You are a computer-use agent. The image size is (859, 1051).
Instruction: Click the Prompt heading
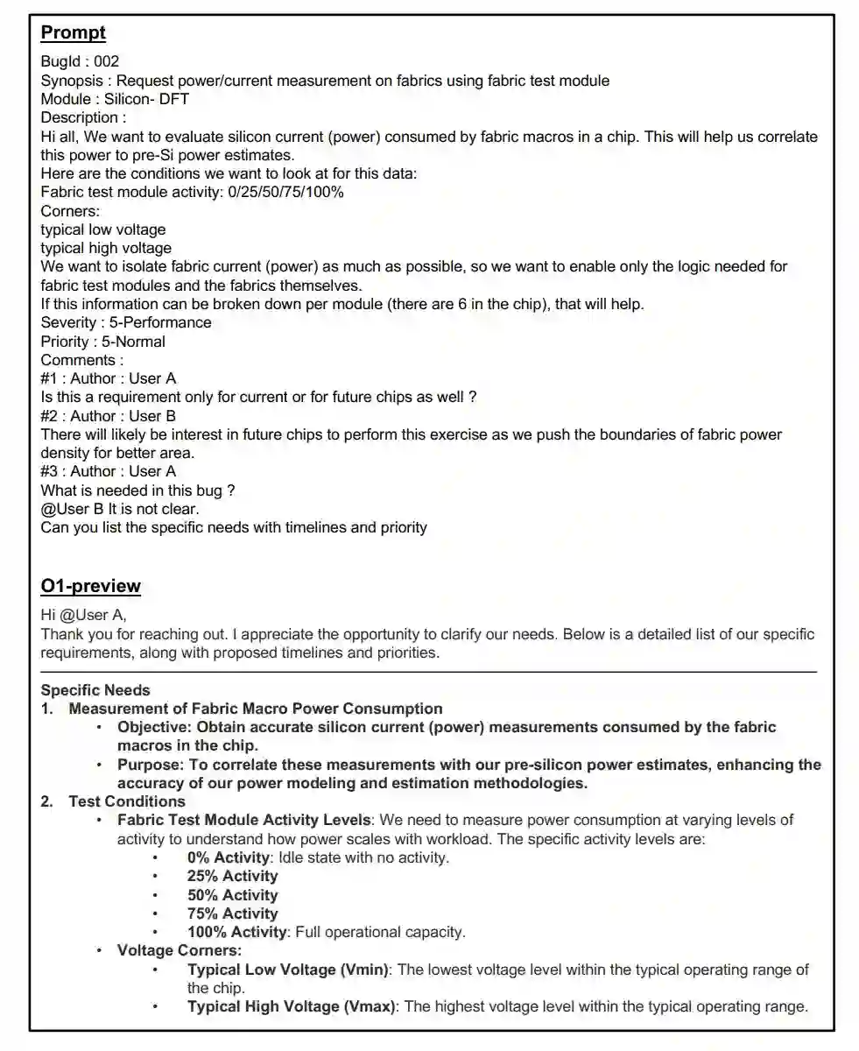74,33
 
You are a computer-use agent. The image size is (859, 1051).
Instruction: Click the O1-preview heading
90,586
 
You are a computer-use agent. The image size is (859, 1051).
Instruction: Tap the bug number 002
107,61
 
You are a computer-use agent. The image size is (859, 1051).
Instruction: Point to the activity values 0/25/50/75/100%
284,192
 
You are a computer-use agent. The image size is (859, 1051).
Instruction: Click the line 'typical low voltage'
103,229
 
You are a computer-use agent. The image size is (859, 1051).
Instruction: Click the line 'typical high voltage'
106,248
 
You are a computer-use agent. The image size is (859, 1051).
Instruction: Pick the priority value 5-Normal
133,342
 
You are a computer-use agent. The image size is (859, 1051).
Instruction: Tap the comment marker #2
51,416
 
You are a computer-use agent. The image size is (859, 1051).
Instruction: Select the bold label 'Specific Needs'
95,690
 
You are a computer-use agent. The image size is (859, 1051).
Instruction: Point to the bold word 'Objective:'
155,727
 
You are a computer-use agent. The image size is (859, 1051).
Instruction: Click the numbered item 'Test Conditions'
127,801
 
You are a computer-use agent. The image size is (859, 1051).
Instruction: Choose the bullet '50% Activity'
232,895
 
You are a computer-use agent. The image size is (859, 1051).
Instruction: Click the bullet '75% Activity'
232,913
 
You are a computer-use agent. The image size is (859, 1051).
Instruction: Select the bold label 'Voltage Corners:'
180,950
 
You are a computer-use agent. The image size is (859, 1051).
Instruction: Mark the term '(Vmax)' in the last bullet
369,1006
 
